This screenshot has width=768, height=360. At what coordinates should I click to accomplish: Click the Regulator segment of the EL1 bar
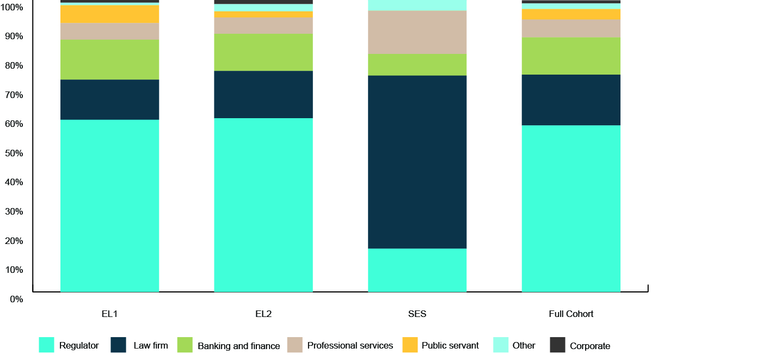[109, 206]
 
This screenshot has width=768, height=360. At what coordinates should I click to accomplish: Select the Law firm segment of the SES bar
[417, 162]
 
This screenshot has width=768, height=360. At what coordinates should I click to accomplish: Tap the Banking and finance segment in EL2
[263, 52]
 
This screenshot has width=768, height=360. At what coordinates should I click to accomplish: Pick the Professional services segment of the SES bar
[417, 32]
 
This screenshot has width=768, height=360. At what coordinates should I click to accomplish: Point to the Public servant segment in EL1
[109, 14]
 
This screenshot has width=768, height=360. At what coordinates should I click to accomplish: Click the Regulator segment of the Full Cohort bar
[571, 209]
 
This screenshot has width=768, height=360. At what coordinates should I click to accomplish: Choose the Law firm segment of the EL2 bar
[263, 94]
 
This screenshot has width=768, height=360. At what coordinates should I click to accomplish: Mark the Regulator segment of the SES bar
[417, 270]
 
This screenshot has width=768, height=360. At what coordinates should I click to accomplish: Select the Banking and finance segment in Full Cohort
[571, 56]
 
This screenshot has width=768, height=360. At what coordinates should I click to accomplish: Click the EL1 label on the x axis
[109, 314]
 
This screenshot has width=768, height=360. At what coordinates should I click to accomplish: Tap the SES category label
[417, 314]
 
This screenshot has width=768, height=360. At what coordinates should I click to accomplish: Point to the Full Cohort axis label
[571, 314]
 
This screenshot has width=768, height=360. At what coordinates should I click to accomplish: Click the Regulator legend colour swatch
[46, 345]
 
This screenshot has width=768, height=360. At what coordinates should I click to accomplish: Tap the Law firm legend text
[151, 345]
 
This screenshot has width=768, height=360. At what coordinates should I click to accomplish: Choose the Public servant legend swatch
[410, 345]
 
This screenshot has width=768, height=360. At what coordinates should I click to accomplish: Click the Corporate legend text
[590, 346]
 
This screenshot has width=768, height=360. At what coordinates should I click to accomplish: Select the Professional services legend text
[350, 345]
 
